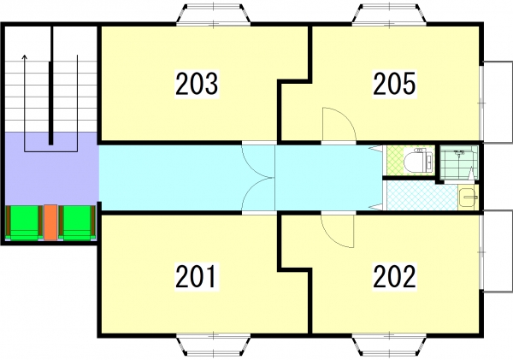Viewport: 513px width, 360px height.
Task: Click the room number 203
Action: (x=197, y=84)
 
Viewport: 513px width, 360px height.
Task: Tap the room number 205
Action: (x=394, y=84)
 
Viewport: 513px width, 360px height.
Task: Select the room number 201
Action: (x=196, y=276)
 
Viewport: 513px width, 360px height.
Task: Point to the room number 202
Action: (x=394, y=276)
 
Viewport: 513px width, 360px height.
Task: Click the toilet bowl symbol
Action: (x=418, y=161)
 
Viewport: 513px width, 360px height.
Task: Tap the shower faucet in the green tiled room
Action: (x=460, y=152)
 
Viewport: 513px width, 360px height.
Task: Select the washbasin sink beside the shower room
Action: (x=468, y=198)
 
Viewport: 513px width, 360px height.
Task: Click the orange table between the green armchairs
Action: (x=50, y=222)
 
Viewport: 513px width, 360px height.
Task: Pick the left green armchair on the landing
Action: (x=24, y=222)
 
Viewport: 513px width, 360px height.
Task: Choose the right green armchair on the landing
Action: (x=77, y=222)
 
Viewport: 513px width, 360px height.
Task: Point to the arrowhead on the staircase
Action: (x=24, y=57)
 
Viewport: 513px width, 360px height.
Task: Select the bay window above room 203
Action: (x=213, y=15)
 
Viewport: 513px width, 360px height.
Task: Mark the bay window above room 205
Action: (x=389, y=15)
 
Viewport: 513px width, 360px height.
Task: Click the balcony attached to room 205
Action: (x=498, y=102)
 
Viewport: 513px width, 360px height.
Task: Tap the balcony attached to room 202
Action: (x=498, y=251)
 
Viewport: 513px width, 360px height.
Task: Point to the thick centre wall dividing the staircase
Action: (x=50, y=86)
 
